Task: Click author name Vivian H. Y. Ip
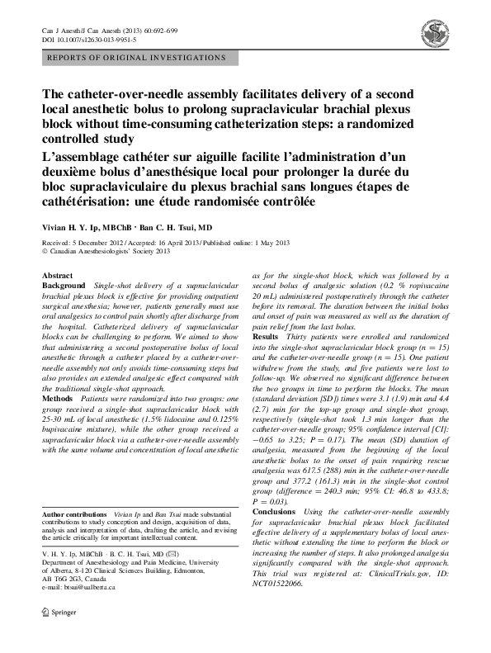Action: tap(79, 226)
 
